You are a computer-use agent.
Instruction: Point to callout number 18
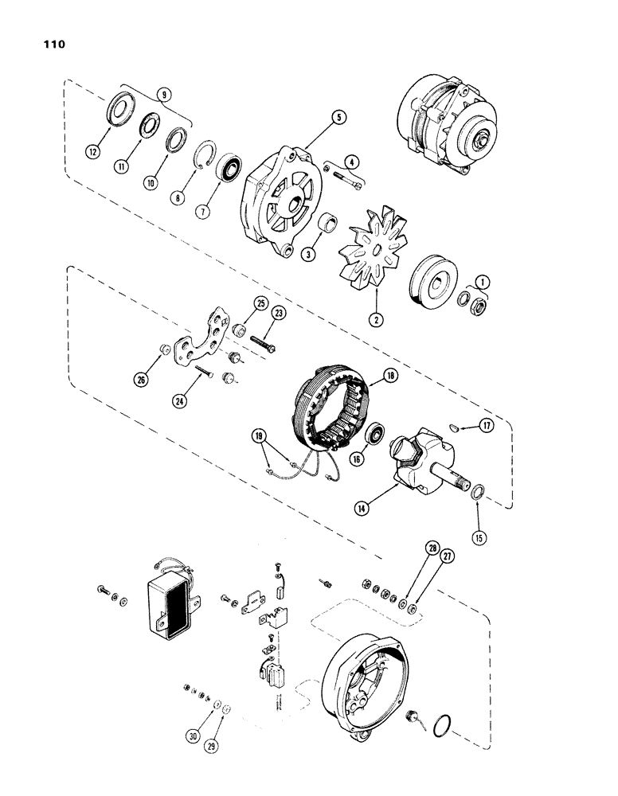(391, 374)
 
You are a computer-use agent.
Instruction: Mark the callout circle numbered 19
(258, 437)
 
